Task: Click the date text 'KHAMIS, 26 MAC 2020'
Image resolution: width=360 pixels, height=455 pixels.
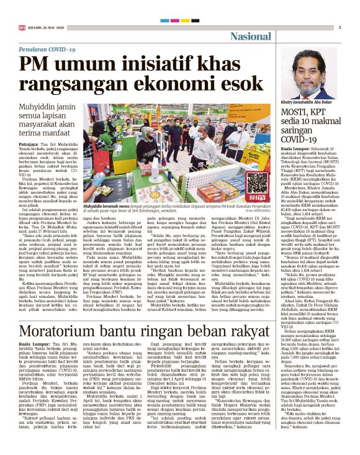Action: pyautogui.click(x=47, y=27)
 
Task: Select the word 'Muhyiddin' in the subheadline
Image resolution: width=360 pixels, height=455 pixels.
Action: pyautogui.click(x=47, y=107)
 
